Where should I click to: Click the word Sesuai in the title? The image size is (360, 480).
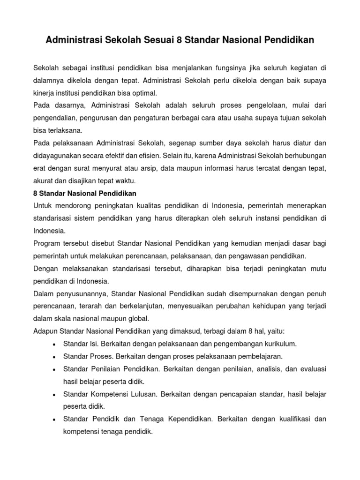pos(157,41)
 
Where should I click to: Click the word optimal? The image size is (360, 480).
pos(143,92)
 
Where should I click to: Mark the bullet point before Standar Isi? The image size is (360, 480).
pos(56,344)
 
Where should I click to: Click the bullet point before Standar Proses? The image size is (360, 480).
pos(56,357)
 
